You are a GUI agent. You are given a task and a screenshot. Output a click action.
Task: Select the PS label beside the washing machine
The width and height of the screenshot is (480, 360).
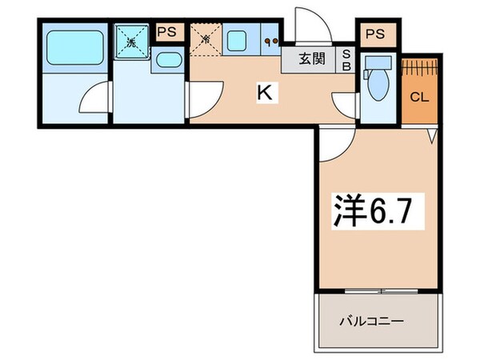point(167,32)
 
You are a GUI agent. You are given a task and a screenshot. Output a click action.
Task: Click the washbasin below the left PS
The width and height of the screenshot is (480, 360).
point(167,61)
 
